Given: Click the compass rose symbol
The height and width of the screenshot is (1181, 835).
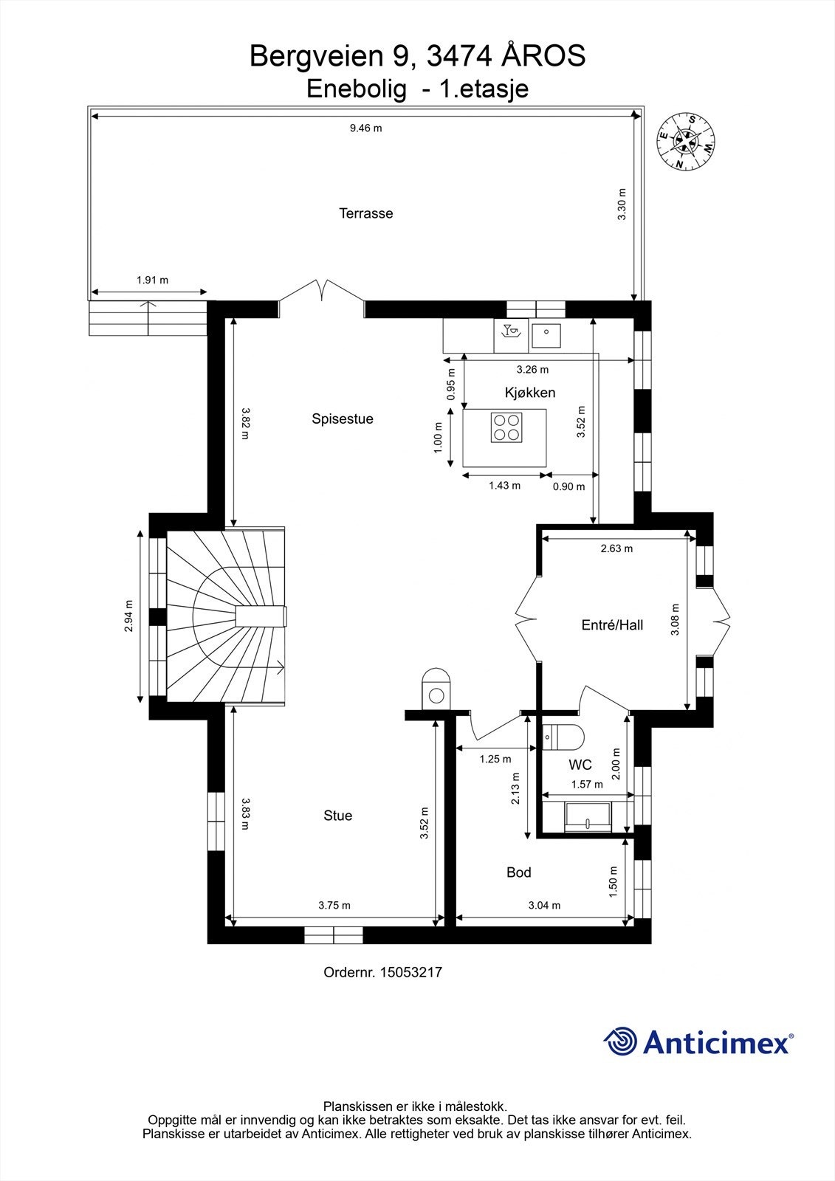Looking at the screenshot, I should coord(686,142).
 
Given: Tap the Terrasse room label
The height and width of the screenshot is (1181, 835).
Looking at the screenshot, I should coord(365,213).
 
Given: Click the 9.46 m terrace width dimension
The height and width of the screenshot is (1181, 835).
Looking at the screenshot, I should coord(365,128).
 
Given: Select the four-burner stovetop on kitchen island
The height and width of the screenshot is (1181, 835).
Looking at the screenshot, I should coord(506,427).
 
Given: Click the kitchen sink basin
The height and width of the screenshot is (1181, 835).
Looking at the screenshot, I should coord(546,337).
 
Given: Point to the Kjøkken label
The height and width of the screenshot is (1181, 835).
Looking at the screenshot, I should coord(529,393).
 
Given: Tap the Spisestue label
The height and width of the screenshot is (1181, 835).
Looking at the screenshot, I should coord(342,419).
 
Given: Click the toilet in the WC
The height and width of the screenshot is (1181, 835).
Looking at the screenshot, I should coord(564,736).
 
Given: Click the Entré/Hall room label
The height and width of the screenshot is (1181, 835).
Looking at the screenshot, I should coord(612,625).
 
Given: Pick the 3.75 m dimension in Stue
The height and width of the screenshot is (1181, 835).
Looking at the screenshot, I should coord(334,905).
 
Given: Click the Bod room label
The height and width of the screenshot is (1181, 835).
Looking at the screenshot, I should coord(518,872).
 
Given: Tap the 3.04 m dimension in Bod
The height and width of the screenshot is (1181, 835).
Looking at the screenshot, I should coord(544,905).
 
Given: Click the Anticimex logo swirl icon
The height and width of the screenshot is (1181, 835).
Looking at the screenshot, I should coord(621,1041).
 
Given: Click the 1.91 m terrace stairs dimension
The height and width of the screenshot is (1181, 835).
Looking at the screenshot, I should coord(152,280).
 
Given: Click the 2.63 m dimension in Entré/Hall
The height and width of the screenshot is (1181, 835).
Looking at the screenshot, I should coord(616,548).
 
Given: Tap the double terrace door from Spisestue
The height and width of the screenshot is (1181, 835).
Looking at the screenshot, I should coord(322,291).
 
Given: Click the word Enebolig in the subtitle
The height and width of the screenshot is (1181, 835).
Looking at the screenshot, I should coord(356,89).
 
